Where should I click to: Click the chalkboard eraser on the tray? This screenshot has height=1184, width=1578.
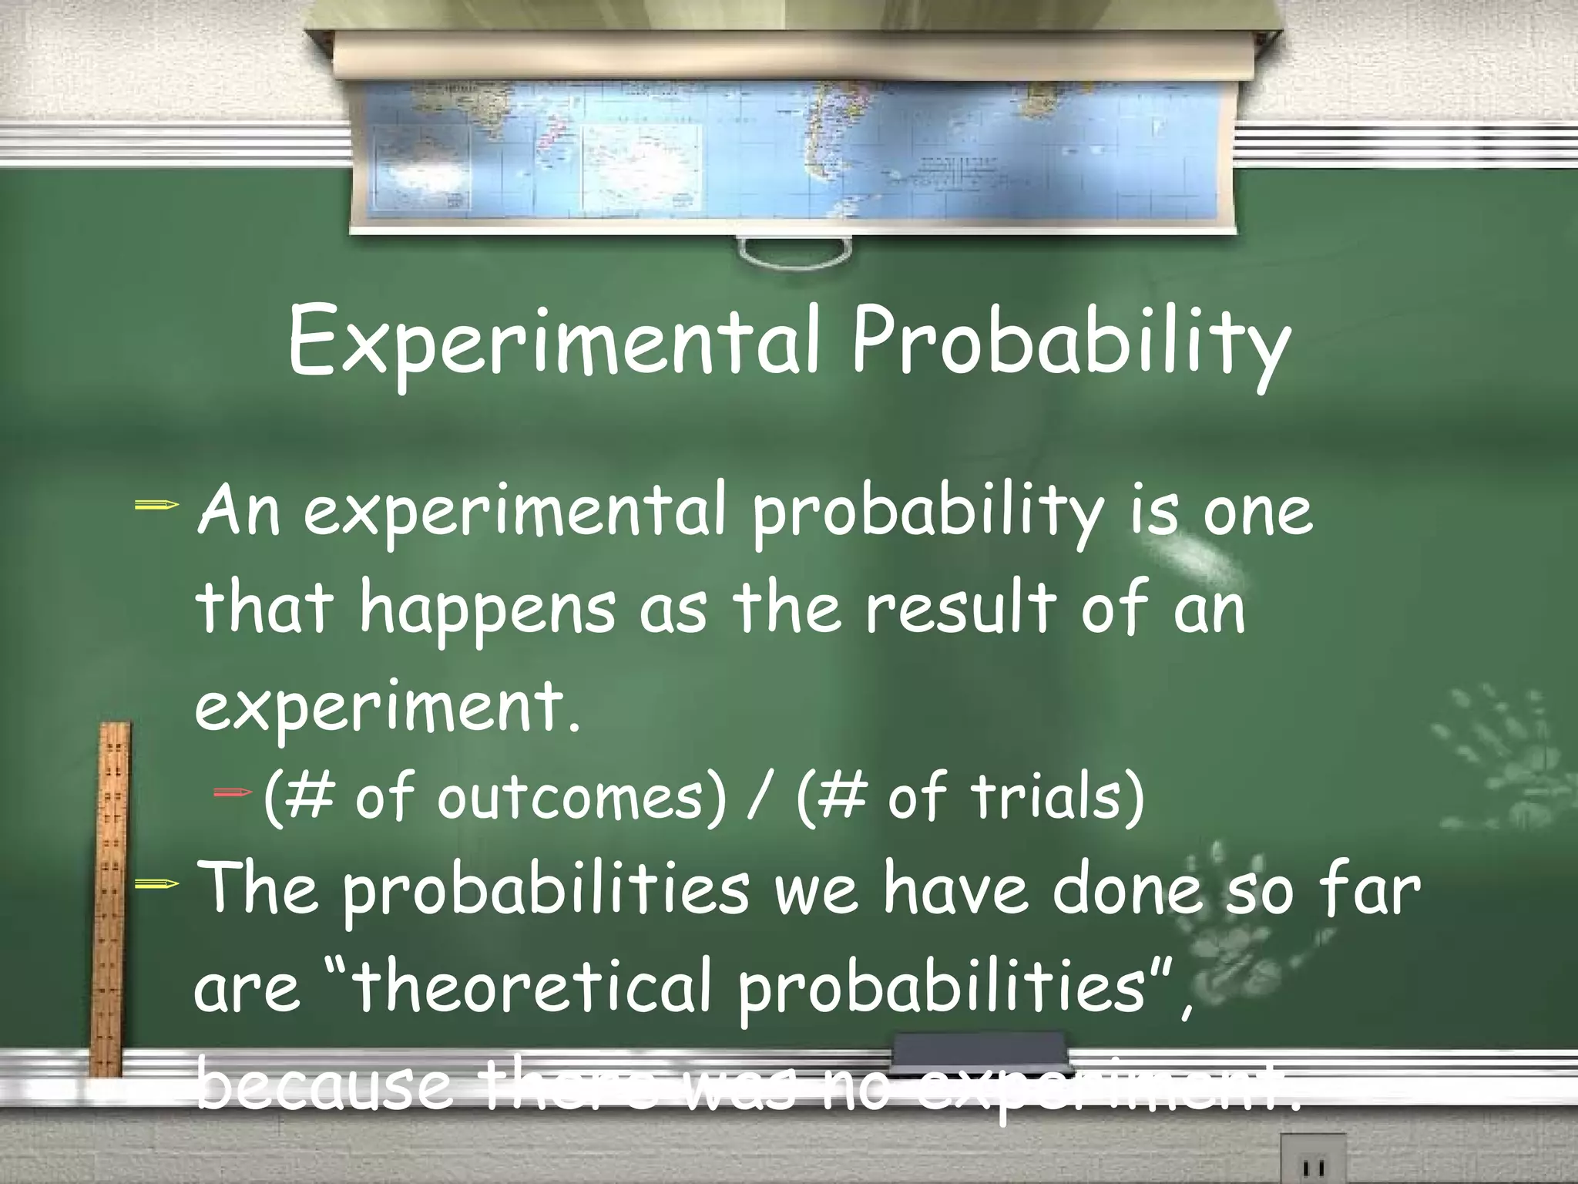point(979,1050)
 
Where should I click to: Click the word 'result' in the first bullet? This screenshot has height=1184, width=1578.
point(959,609)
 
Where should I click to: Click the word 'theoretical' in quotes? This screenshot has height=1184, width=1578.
point(532,988)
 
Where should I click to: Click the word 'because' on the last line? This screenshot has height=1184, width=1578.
point(324,1085)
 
